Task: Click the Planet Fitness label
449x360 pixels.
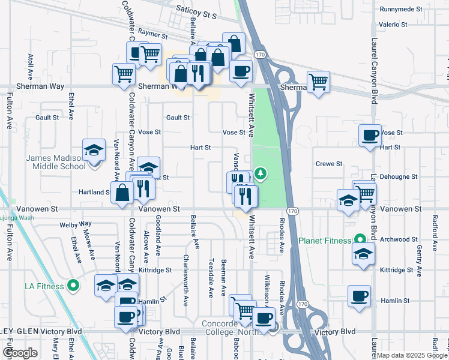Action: pos(325,241)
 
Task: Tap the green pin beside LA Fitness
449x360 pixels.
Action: pos(73,286)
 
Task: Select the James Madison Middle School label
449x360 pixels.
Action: pos(55,162)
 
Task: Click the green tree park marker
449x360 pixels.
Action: pos(261,174)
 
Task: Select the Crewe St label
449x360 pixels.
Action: pos(329,163)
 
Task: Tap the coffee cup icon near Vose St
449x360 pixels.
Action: pos(370,134)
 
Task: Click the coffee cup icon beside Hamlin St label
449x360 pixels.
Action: pos(360,296)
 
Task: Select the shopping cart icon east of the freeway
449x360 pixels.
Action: pos(318,81)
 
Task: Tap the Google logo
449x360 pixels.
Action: pos(20,353)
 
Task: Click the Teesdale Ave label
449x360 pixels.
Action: pos(211,278)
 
